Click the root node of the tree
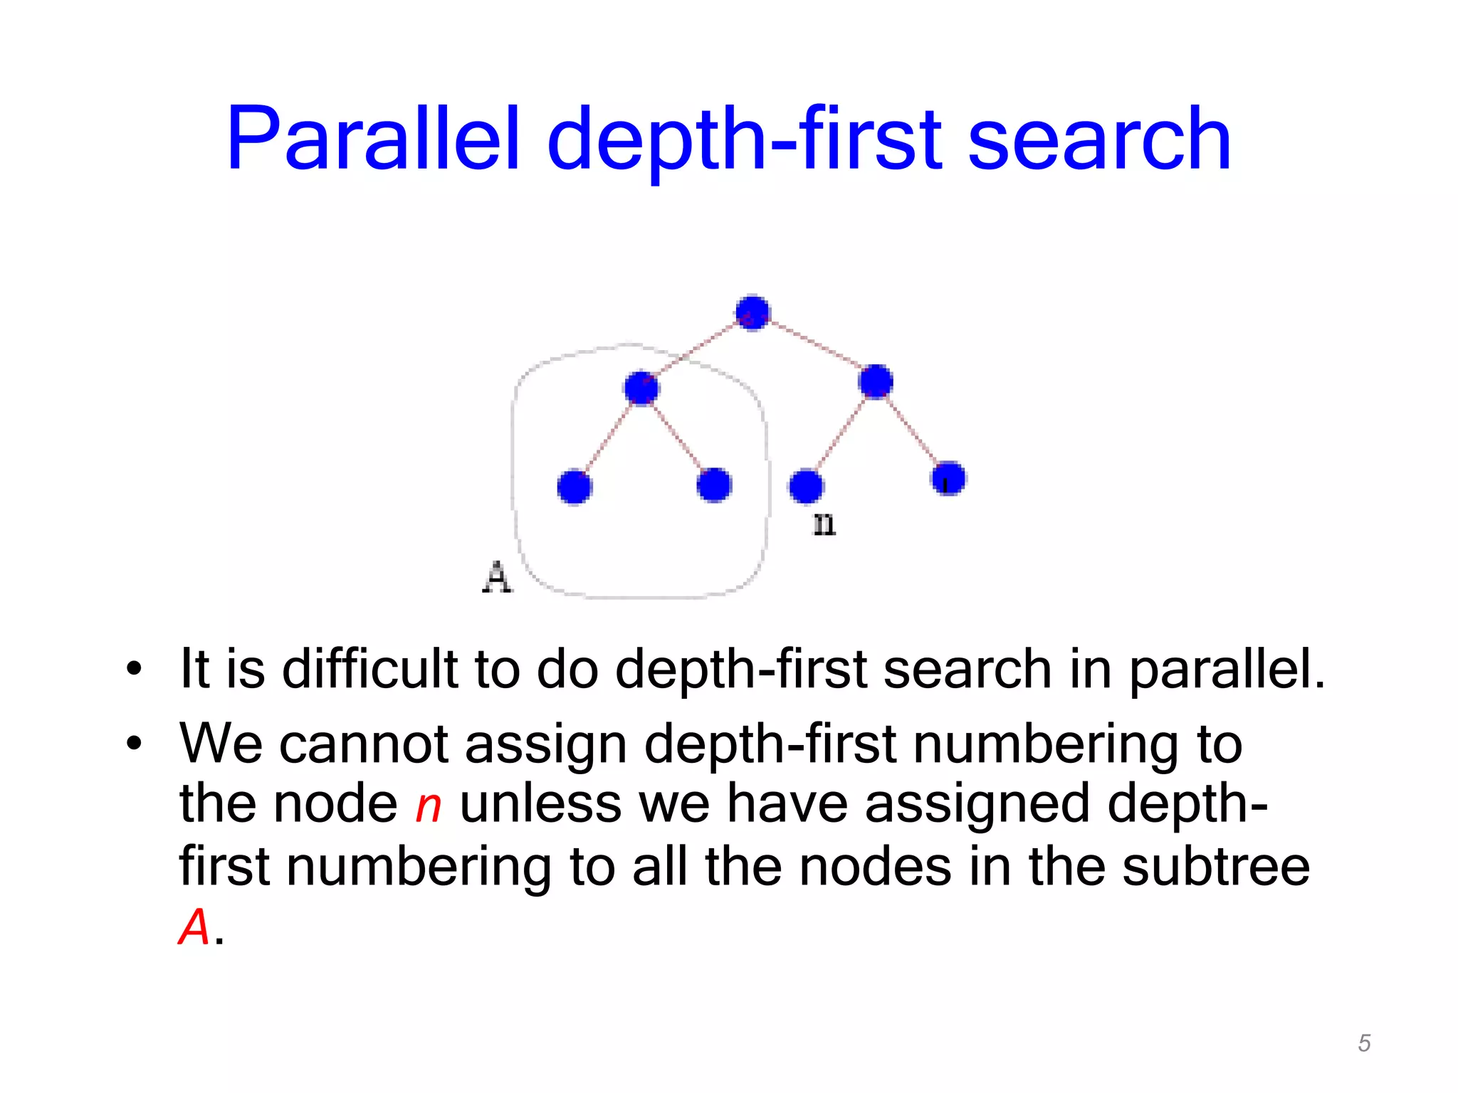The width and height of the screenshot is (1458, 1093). tap(752, 312)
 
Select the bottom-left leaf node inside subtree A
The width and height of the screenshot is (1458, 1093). tap(575, 487)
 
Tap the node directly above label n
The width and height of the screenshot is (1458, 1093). tap(806, 487)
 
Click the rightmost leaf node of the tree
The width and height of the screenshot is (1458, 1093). tap(948, 477)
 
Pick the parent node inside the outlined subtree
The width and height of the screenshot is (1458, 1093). tap(641, 388)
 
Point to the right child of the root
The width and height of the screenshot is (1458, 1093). tap(876, 381)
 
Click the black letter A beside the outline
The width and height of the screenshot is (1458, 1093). tap(497, 577)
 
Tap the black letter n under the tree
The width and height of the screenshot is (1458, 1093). tap(824, 525)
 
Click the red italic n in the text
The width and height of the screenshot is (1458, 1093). tap(429, 806)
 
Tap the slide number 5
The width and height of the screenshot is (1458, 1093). tap(1364, 1043)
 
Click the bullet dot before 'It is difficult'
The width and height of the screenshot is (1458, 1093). tap(134, 670)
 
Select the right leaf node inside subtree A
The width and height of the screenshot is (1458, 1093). tap(714, 485)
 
